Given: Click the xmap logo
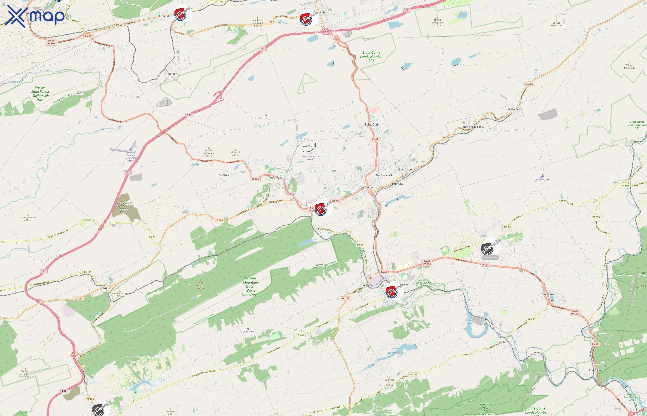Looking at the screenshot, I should tap(35, 16).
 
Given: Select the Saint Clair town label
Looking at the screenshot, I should tap(372, 125).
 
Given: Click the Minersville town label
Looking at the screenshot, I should tap(276, 178).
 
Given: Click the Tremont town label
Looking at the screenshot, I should tap(108, 288).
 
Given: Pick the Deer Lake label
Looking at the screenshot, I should tap(547, 294).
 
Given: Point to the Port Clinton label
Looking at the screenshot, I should tap(596, 370).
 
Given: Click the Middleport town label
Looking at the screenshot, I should tap(514, 109).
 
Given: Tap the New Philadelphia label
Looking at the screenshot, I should tap(473, 127).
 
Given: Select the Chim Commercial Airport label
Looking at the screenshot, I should tap(311, 157).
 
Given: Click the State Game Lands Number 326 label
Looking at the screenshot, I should tap(371, 57).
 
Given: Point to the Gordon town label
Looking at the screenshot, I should tap(173, 74).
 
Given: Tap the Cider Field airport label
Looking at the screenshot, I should tap(248, 331).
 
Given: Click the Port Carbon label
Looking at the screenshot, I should tap(406, 170).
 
